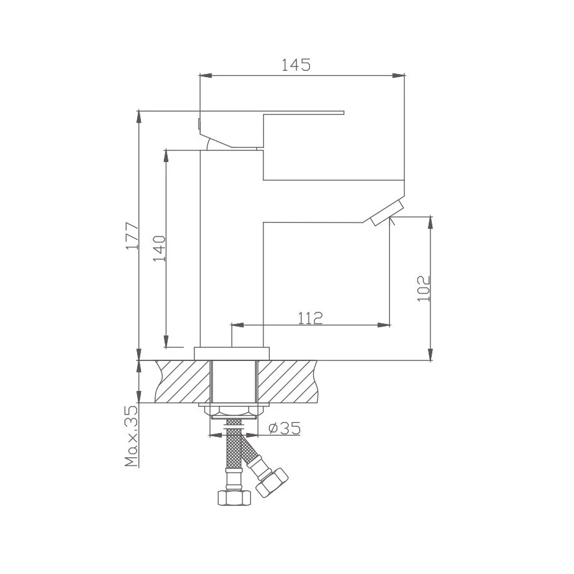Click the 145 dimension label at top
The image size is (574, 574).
point(296,65)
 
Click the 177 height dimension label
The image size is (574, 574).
point(131,236)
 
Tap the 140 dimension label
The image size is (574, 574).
point(159,249)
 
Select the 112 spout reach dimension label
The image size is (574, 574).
point(310,317)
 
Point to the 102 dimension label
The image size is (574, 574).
point(423,288)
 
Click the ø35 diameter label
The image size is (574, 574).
point(284,429)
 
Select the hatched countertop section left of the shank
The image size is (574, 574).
point(182,381)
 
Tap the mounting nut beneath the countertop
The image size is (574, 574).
point(233,409)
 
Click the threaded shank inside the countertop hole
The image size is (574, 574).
point(233,381)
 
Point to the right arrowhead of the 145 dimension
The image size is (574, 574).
point(401,76)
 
